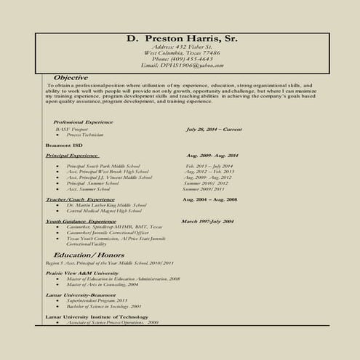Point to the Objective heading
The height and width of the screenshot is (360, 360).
[71, 77]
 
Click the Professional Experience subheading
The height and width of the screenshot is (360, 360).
[78, 121]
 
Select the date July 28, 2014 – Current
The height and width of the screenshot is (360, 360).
[214, 129]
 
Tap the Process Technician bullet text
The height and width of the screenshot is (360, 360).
[85, 135]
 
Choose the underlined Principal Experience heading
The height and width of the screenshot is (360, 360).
[72, 156]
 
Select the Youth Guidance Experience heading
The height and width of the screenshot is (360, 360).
[81, 221]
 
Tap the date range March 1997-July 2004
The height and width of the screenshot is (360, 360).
[207, 221]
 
